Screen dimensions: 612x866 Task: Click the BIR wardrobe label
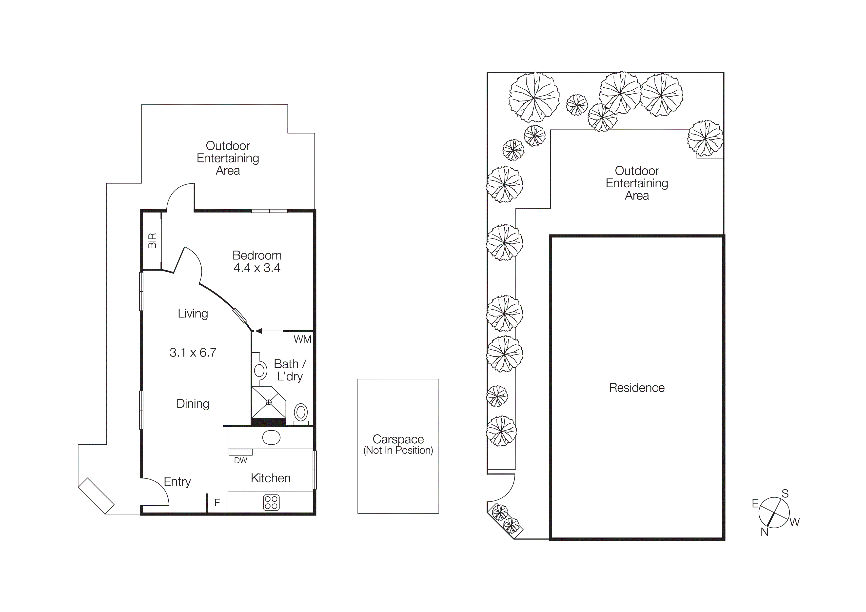tap(152, 241)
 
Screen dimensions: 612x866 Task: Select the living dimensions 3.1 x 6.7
tap(193, 353)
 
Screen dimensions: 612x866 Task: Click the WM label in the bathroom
tap(302, 339)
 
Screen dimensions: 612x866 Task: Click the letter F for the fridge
tap(217, 503)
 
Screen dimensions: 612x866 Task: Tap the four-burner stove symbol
tap(271, 502)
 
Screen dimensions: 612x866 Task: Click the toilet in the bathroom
tap(301, 413)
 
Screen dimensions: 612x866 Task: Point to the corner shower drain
tap(269, 402)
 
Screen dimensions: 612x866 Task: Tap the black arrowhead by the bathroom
tap(258, 331)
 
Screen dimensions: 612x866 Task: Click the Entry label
tap(177, 482)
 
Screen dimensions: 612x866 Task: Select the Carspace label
tap(398, 439)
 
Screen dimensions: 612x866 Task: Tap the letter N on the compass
tap(764, 532)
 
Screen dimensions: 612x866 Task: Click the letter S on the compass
tap(785, 494)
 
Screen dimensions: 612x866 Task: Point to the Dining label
tap(193, 404)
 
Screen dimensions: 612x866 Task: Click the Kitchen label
tap(270, 478)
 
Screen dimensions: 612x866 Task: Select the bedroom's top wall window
tap(269, 211)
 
